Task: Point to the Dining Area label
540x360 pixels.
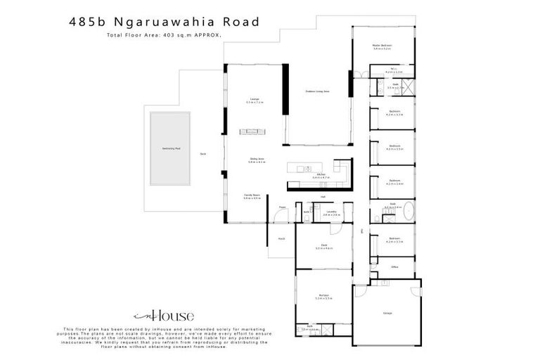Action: tap(255, 160)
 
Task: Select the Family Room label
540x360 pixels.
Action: tap(251, 196)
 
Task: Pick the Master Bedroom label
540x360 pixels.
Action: tap(382, 46)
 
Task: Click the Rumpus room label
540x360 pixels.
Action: tap(323, 296)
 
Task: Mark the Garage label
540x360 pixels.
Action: tap(387, 312)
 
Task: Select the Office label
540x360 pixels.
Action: tap(395, 266)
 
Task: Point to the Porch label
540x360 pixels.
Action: tap(281, 239)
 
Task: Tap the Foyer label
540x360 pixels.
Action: tap(282, 207)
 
